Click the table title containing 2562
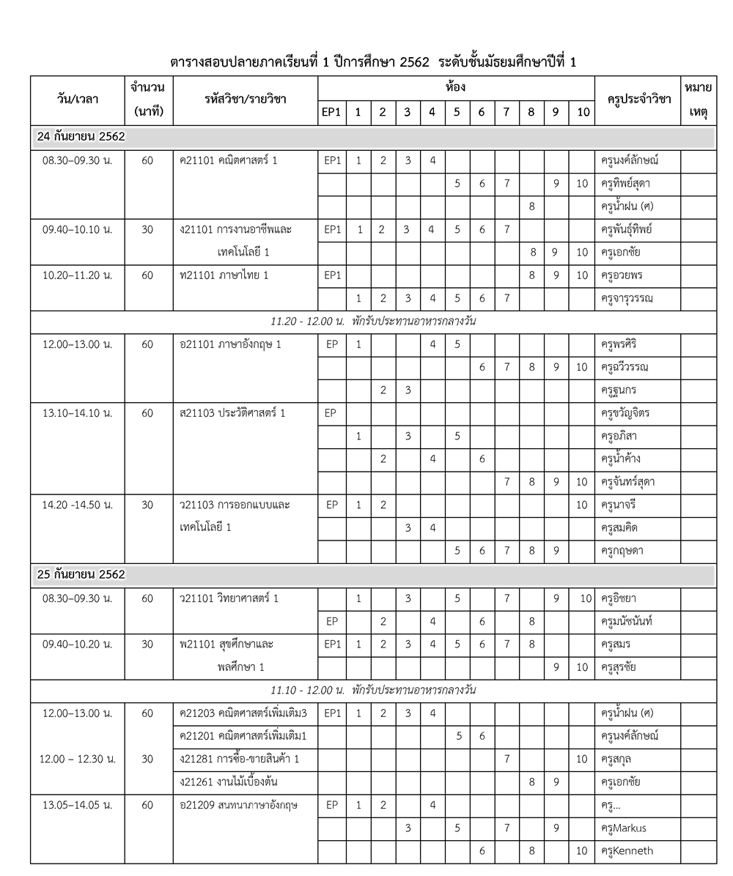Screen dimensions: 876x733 (373, 62)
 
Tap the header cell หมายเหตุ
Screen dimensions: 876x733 (699, 100)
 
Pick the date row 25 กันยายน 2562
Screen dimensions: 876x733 (81, 575)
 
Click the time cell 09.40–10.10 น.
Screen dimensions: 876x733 (77, 229)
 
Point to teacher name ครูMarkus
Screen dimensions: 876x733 (622, 828)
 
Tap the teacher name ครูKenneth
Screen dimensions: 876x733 (626, 851)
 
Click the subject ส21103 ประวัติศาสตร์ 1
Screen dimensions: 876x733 (232, 413)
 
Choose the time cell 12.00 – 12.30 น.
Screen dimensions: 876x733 (77, 759)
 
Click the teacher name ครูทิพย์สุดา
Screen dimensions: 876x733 (625, 183)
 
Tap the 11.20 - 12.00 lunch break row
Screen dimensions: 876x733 (373, 322)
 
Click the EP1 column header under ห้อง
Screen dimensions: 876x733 (331, 113)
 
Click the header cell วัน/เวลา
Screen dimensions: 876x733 (77, 100)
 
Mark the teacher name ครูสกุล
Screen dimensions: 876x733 (616, 759)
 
